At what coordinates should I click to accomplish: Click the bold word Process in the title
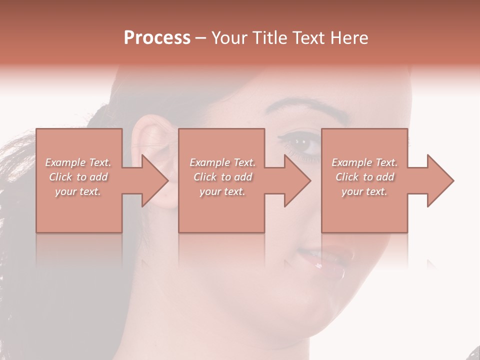157,38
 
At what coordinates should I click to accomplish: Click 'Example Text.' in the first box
78,162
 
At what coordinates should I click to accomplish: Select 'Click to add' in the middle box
222,177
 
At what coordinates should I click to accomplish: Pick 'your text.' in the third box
364,191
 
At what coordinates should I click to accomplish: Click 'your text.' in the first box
78,191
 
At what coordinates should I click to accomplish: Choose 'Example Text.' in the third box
364,162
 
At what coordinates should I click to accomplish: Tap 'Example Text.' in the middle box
222,162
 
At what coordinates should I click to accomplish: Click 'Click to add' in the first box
78,177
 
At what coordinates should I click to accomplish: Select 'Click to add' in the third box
364,177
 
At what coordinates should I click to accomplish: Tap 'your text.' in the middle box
222,191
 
